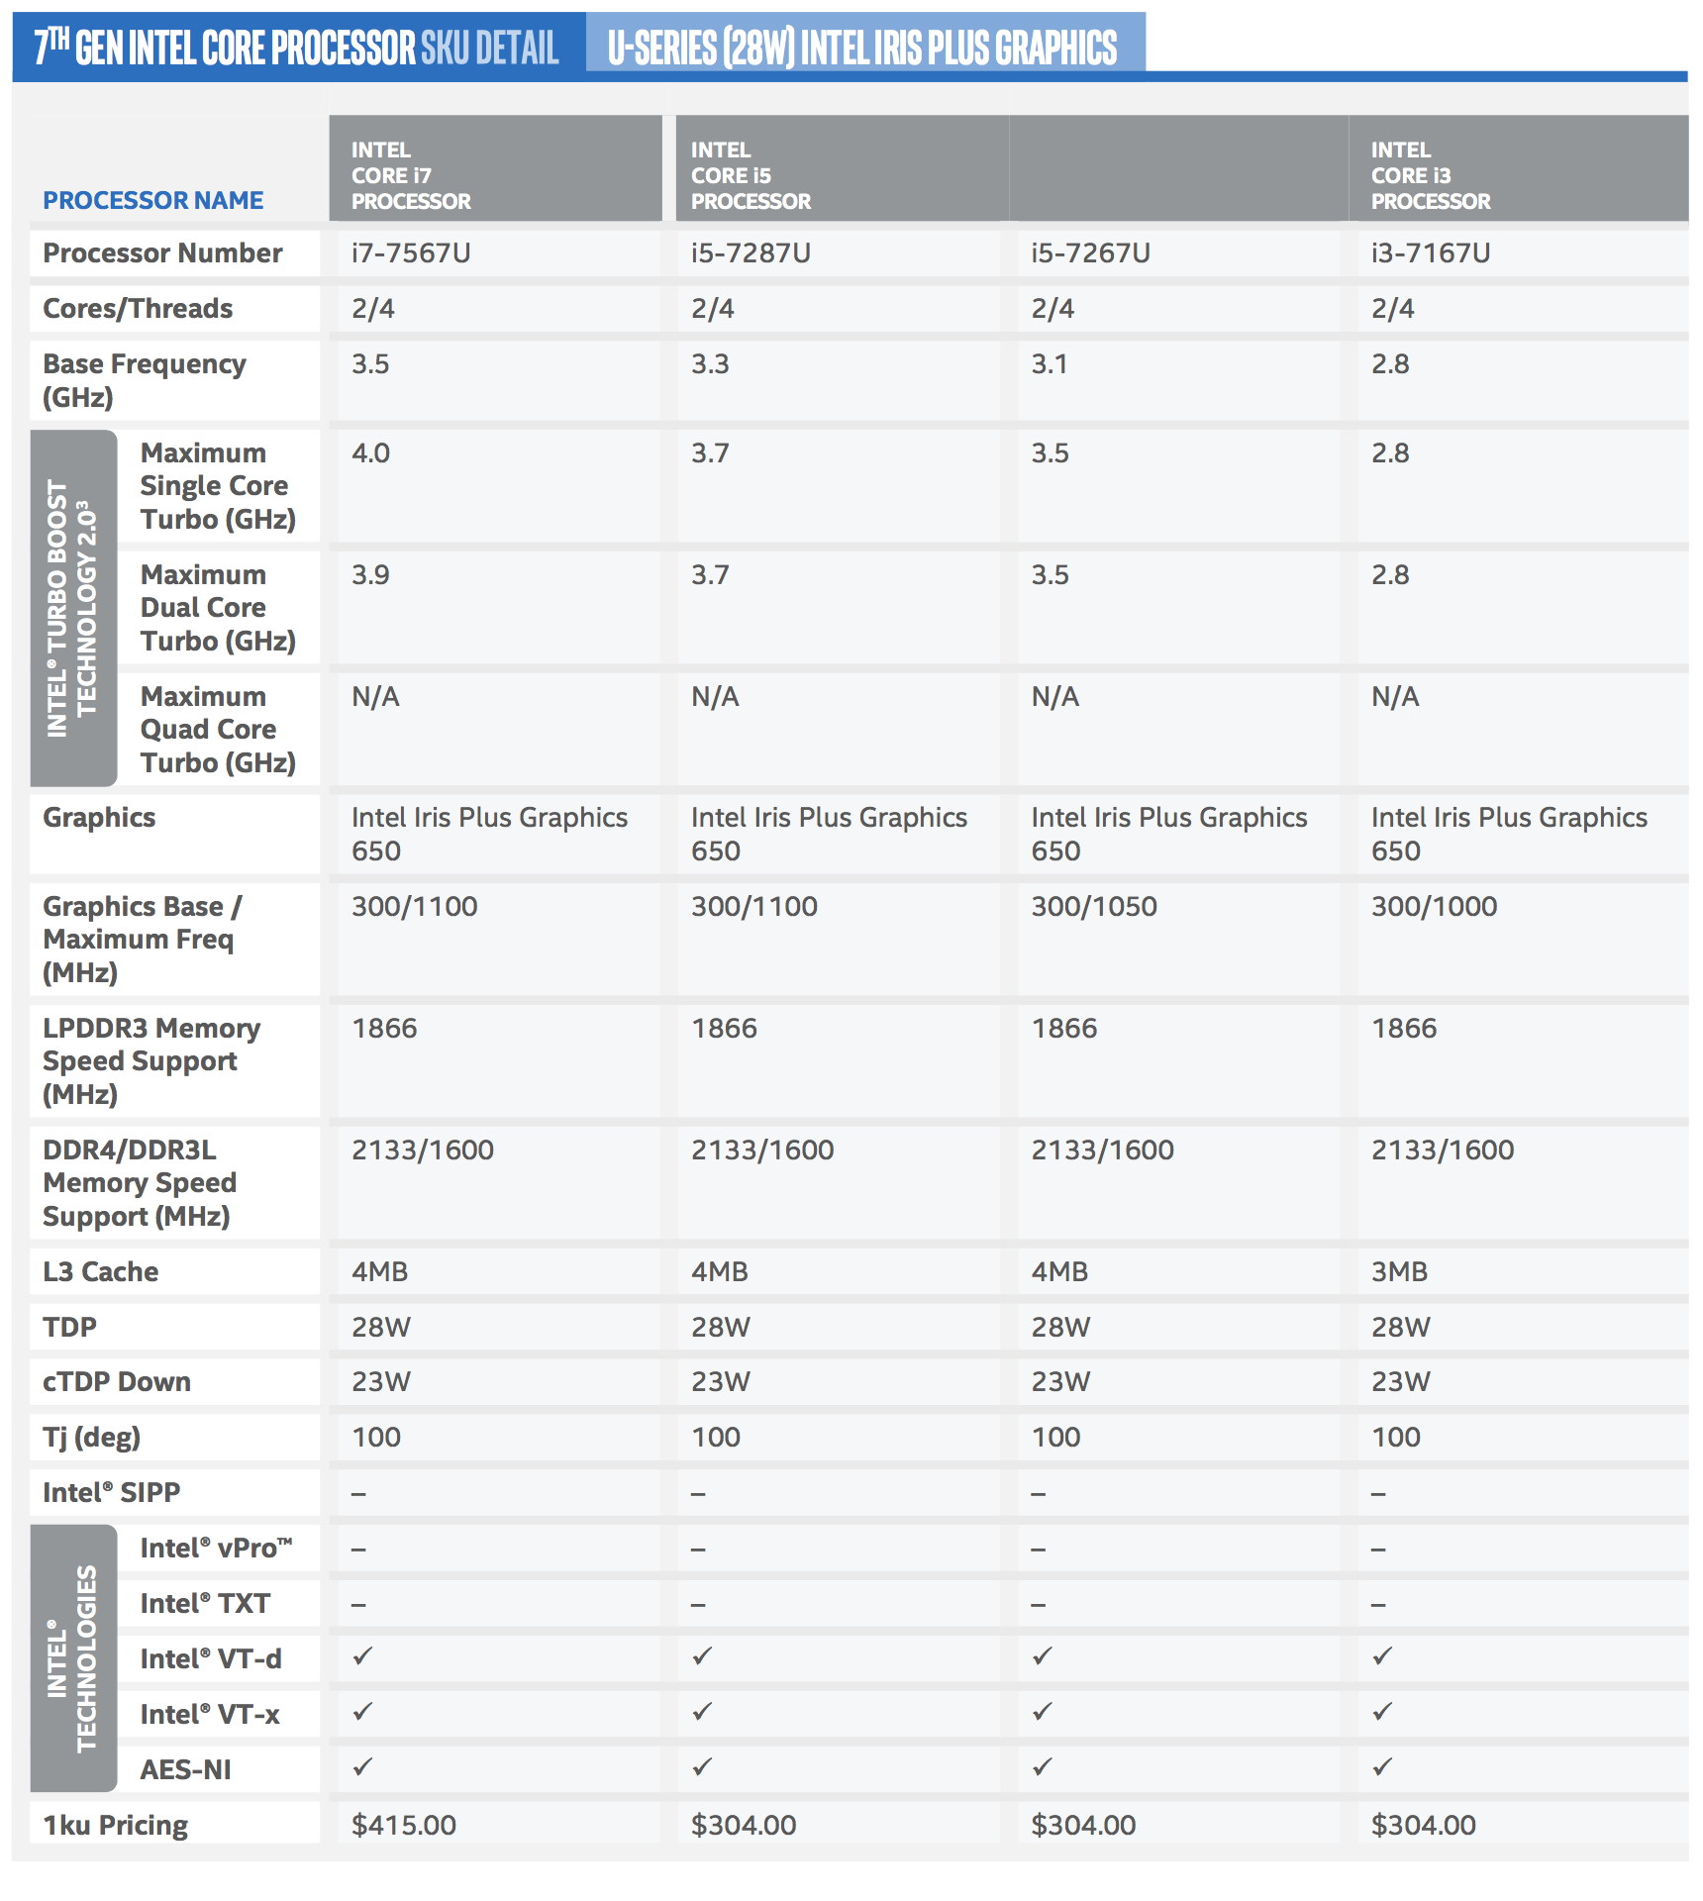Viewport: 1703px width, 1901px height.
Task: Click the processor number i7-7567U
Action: tap(411, 253)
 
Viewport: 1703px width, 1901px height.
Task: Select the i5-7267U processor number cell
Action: tap(1090, 253)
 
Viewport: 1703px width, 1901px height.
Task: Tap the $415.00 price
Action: tap(404, 1825)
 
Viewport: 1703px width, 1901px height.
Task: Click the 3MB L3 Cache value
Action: tap(1399, 1271)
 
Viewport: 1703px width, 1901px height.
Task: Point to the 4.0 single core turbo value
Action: tap(370, 453)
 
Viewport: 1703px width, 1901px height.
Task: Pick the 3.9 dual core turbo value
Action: tap(370, 575)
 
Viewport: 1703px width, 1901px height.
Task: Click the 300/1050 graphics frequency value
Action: tap(1094, 906)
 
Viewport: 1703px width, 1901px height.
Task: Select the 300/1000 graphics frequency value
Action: tap(1434, 906)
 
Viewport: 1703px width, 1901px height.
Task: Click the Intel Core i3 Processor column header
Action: tap(1430, 175)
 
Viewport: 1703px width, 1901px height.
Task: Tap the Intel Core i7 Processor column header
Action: tap(410, 175)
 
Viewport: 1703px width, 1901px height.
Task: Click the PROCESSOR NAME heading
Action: tap(153, 201)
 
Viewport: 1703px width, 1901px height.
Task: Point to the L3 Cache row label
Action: tap(100, 1271)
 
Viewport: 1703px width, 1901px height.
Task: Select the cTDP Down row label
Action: tap(117, 1382)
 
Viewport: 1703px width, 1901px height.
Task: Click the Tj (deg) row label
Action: tap(91, 1438)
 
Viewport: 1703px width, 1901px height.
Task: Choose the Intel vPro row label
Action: tap(216, 1549)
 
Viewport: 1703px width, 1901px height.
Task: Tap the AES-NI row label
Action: tap(185, 1769)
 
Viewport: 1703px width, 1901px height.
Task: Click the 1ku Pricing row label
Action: tap(115, 1825)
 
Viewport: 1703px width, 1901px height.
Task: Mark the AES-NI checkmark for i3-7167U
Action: tap(1382, 1766)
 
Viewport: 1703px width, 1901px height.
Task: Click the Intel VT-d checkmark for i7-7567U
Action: tap(362, 1655)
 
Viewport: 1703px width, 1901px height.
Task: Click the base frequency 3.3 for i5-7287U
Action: tap(709, 364)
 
